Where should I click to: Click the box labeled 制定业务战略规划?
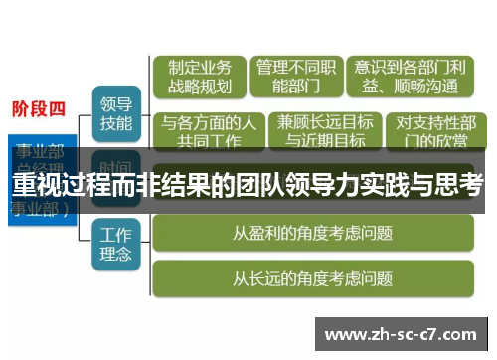coord(200,77)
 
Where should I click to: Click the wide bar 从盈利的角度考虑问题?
coord(312,234)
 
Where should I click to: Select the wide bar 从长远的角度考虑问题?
coord(312,278)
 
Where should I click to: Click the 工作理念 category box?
coord(116,244)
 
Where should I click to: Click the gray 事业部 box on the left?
coord(40,159)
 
